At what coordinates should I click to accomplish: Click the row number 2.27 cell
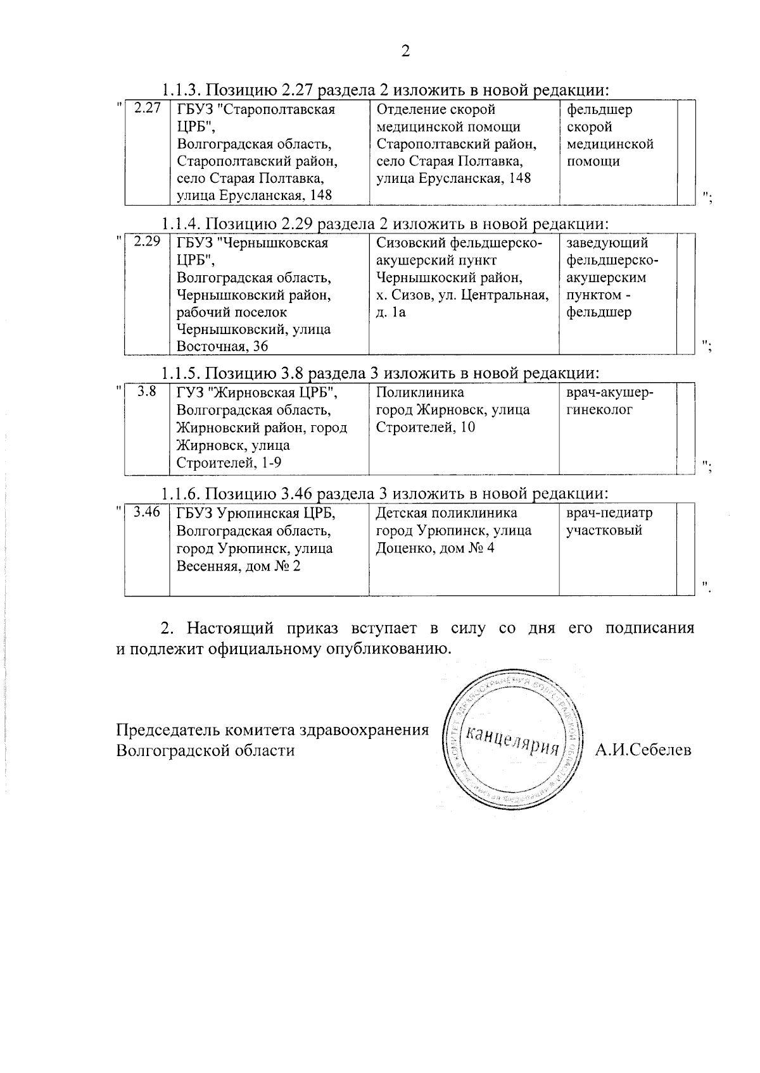click(x=147, y=108)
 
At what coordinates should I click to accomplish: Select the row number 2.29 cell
click(x=147, y=242)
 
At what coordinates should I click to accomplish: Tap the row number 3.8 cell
click(x=147, y=392)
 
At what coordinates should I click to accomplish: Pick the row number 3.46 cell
click(x=147, y=512)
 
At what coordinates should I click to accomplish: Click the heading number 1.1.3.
click(x=180, y=89)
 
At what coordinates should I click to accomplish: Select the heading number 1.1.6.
click(x=180, y=493)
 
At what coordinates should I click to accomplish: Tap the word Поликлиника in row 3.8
click(x=420, y=393)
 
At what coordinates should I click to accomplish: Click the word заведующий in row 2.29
click(x=607, y=243)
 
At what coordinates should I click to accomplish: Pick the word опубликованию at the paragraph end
click(x=388, y=649)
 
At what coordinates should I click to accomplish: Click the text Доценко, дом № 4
click(x=435, y=548)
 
